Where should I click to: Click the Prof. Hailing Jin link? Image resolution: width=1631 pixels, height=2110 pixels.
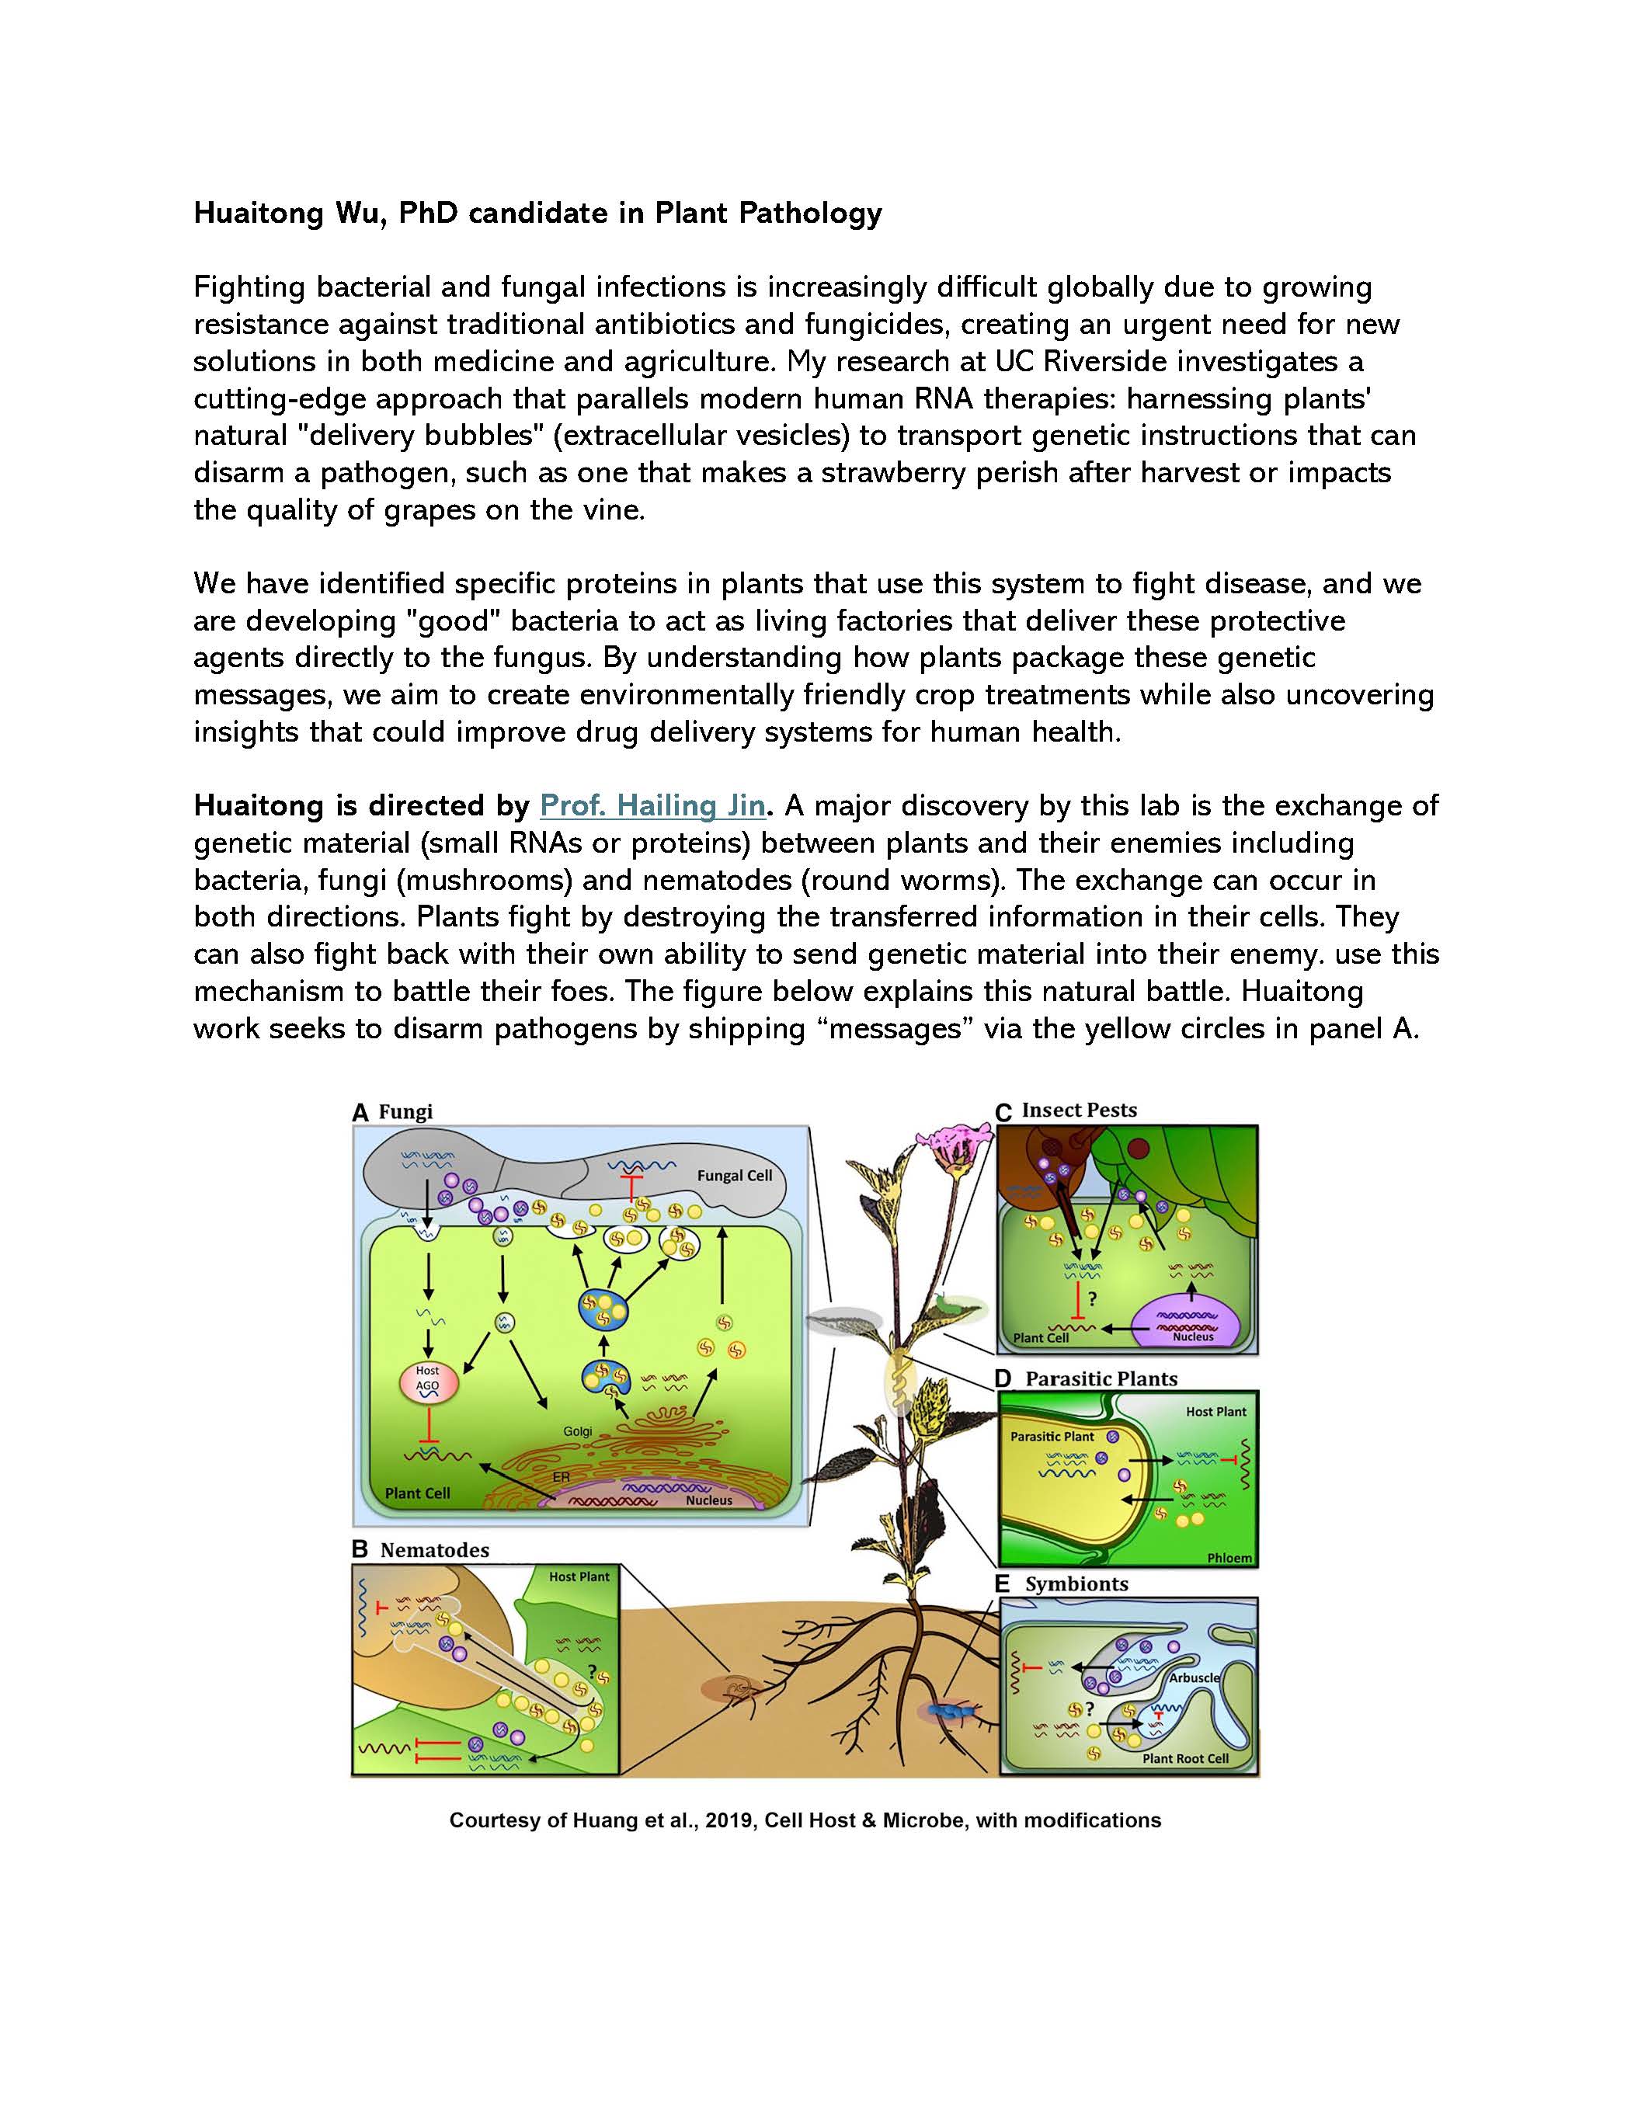pos(652,805)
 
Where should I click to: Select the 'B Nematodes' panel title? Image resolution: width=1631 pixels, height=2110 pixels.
pos(420,1549)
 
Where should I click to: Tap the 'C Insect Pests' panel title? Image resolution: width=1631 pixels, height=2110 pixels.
pos(1066,1110)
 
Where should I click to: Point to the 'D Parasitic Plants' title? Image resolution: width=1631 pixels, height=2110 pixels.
pos(1087,1378)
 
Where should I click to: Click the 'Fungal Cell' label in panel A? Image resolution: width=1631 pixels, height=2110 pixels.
pos(734,1176)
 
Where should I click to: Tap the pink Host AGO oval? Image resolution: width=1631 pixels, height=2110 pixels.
pos(427,1382)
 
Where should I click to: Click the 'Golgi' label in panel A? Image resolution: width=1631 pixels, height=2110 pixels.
pos(578,1432)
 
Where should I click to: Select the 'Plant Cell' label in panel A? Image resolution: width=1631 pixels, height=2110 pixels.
pos(417,1493)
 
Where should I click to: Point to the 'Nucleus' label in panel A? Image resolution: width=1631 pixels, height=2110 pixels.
pos(709,1500)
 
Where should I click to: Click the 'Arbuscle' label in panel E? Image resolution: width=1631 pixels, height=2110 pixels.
pos(1195,1677)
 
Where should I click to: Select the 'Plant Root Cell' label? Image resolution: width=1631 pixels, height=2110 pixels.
pos(1185,1758)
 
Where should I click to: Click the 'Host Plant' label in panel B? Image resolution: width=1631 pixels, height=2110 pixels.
pos(579,1576)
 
